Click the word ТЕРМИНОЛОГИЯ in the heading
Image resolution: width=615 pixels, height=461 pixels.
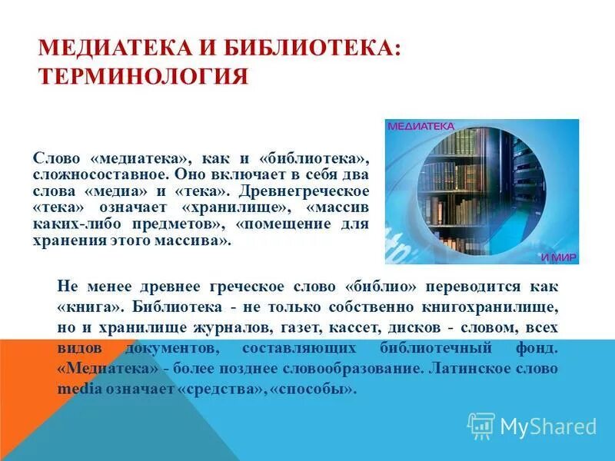(143, 78)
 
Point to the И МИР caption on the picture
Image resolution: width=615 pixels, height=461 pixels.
(558, 257)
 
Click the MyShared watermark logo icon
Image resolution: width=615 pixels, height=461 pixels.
(481, 425)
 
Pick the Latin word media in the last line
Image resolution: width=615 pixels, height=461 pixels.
(75, 389)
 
